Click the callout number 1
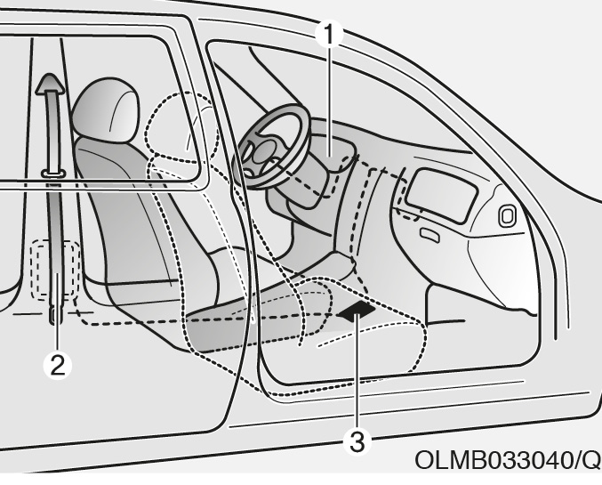pos(329,35)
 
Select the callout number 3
pos(357,441)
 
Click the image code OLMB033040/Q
pos(508,459)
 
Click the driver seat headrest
pos(106,110)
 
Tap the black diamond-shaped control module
pos(357,311)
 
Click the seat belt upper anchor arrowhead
pos(50,84)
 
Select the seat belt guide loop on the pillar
pos(53,174)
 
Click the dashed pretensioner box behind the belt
pos(56,270)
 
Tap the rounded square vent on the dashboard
pos(507,215)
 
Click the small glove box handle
pos(429,235)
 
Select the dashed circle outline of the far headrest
pos(181,127)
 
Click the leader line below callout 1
pos(329,101)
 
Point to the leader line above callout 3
pos(357,372)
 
